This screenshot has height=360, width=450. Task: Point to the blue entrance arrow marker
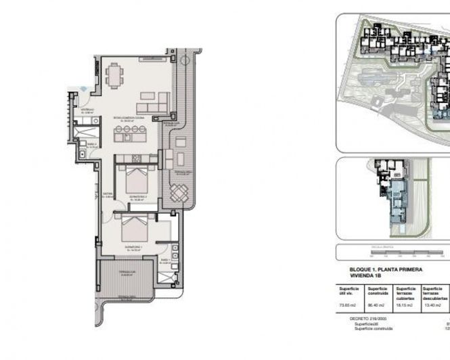click(83, 88)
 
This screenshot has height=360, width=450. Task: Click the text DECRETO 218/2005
click(360, 317)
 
